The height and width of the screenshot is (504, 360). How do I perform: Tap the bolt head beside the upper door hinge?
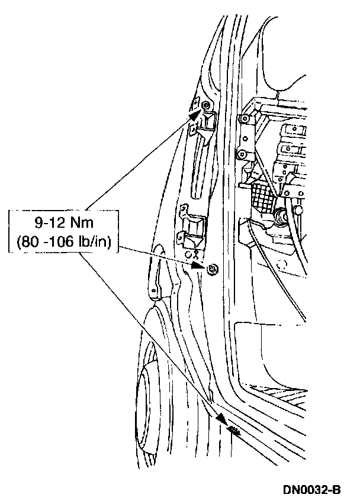(x=205, y=105)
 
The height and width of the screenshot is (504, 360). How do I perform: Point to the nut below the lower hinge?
(x=212, y=270)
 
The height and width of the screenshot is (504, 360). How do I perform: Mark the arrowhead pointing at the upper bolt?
(x=194, y=115)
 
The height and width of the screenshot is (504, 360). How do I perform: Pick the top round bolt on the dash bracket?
(x=243, y=118)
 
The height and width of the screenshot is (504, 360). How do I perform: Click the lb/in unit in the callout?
(x=101, y=242)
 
